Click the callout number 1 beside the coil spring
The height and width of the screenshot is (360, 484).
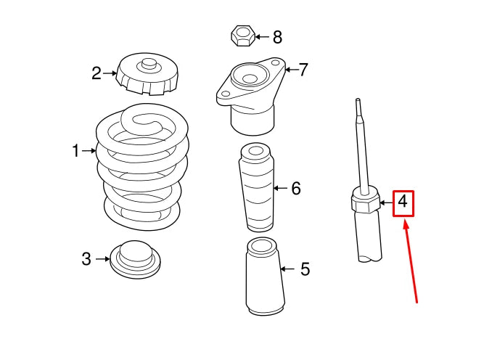pos(75,151)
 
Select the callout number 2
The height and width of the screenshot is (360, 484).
pos(96,73)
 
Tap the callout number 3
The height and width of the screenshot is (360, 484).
pos(86,258)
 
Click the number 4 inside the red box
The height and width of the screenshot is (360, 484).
pos(403,203)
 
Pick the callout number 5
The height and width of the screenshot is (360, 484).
pos(305,269)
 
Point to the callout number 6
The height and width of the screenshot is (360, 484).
pos(295,189)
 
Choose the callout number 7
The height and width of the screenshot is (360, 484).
pos(303,70)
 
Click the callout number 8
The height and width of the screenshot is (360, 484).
pos(277,36)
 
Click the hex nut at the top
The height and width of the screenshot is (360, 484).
pos(242,34)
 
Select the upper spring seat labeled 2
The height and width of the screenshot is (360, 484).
pos(147,74)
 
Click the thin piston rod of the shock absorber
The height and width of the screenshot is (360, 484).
pos(361,145)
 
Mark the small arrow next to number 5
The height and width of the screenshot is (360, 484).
pos(287,269)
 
